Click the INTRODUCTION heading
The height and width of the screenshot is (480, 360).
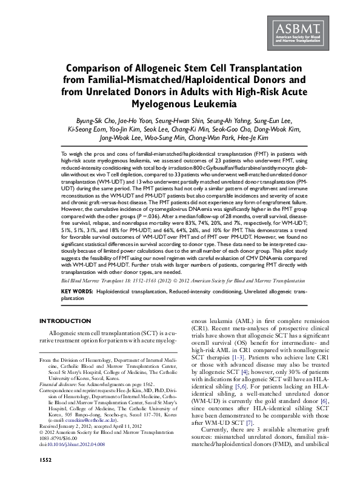tap(65, 320)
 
